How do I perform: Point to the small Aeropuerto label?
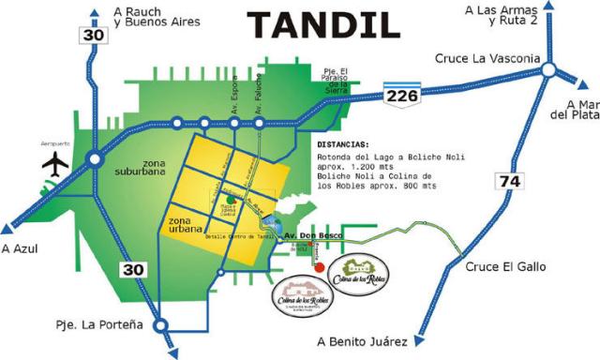pos(29,142)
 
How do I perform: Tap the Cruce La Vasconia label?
pos(487,58)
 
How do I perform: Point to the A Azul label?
pos(20,248)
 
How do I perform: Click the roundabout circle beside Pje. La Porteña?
pos(160,326)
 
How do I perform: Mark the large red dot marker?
pos(320,266)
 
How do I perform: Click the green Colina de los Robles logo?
pos(362,275)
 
